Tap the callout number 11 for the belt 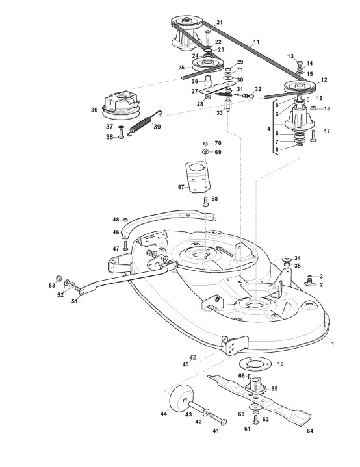(x=256, y=42)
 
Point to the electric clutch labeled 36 (x=120, y=103)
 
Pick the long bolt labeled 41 (x=217, y=418)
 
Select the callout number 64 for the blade (x=310, y=431)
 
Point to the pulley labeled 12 (x=299, y=87)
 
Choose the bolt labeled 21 (x=208, y=38)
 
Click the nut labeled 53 (x=59, y=278)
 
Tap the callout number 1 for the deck (x=333, y=344)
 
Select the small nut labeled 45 (x=194, y=357)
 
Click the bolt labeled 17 (x=315, y=135)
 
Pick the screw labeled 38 (x=121, y=134)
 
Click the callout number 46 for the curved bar (x=116, y=232)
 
